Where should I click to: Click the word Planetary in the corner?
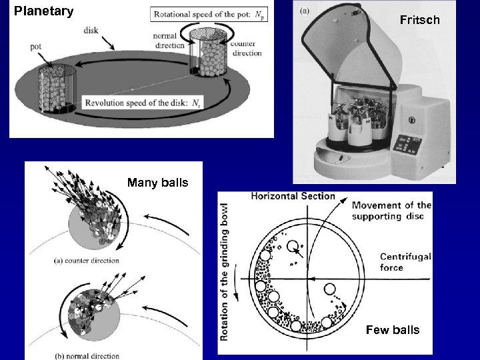pyautogui.click(x=43, y=11)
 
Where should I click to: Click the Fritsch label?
pyautogui.click(x=419, y=20)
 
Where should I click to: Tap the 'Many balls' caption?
pyautogui.click(x=157, y=183)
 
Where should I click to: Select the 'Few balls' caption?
pyautogui.click(x=393, y=329)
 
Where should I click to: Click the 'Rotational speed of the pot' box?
pyautogui.click(x=208, y=15)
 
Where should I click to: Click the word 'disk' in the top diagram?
pyautogui.click(x=92, y=30)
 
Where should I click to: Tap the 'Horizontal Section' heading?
pyautogui.click(x=293, y=196)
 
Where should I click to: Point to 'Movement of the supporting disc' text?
pyautogui.click(x=391, y=211)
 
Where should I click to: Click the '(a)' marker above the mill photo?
pyautogui.click(x=305, y=11)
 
